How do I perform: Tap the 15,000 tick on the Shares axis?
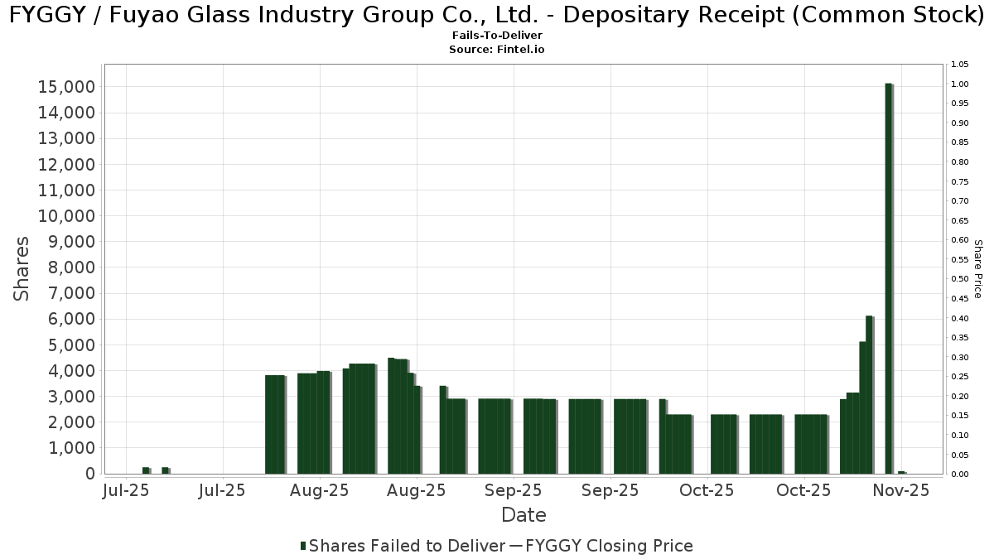68,87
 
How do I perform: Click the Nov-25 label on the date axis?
902,490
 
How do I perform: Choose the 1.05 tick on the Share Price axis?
960,65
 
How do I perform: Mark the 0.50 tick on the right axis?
960,279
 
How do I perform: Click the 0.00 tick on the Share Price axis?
960,474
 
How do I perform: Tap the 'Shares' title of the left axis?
22,269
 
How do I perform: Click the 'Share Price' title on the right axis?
978,269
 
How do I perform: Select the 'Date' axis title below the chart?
524,515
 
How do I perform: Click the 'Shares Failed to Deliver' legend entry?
407,546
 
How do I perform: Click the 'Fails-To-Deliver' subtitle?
497,36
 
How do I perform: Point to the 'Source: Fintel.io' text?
497,50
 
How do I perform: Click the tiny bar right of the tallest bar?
901,472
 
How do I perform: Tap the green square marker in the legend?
303,546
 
